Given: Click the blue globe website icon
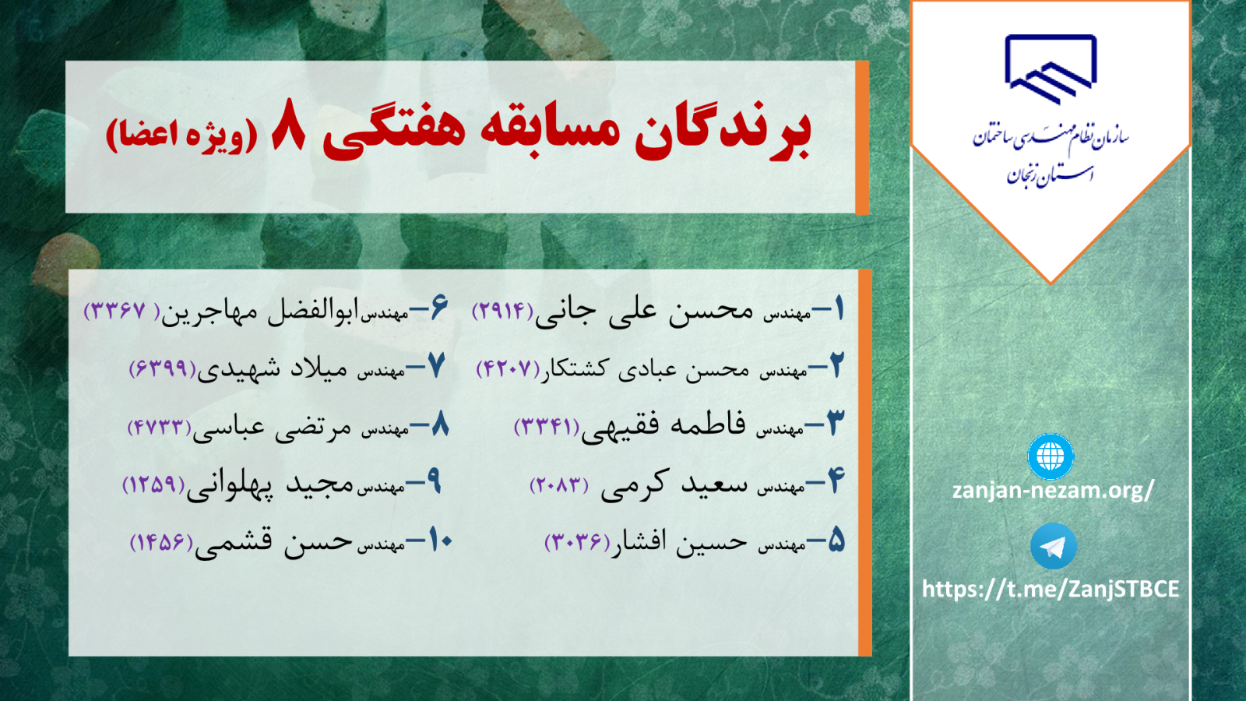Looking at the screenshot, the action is (x=1051, y=456).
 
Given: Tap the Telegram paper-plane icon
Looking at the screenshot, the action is (x=1053, y=546).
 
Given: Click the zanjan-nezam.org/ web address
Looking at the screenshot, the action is (x=1053, y=491).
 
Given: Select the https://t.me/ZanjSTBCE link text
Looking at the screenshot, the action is (x=1051, y=589).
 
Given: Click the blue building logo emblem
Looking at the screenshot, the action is (x=1051, y=69).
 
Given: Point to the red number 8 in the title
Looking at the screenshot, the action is (x=288, y=125).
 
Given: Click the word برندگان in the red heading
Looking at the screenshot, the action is (x=723, y=132).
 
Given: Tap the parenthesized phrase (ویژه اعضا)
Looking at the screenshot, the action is (x=182, y=136).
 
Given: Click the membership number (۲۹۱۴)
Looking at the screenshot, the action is (x=502, y=311).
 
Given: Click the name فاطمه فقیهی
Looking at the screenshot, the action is (x=663, y=428).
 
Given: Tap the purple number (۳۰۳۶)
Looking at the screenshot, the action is (x=577, y=541).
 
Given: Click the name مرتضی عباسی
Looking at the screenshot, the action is (x=272, y=428).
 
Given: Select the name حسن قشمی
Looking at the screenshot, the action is (x=273, y=542).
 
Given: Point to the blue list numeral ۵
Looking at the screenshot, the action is (x=836, y=540).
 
